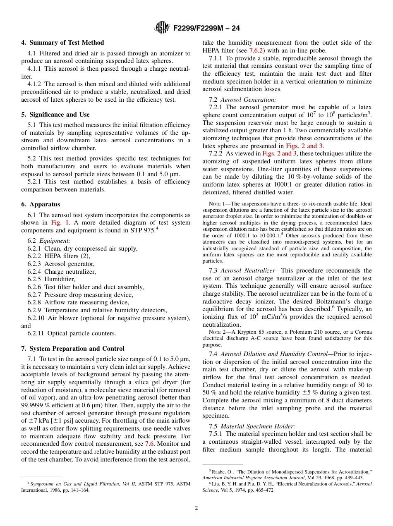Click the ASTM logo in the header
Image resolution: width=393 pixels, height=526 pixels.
tap(162, 28)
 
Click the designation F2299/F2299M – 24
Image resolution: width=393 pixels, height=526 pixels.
tap(206, 28)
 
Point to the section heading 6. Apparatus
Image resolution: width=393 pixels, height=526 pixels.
tap(41, 204)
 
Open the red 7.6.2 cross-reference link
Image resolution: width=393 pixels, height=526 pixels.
tap(256, 50)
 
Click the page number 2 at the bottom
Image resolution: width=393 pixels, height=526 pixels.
tap(196, 508)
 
